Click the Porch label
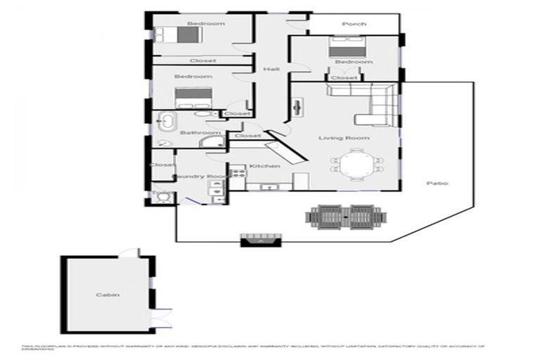[354, 24]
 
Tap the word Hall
[271, 69]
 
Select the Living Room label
[344, 138]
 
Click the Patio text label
[437, 184]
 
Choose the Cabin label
[108, 295]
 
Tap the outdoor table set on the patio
[345, 215]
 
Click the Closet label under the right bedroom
[344, 78]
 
